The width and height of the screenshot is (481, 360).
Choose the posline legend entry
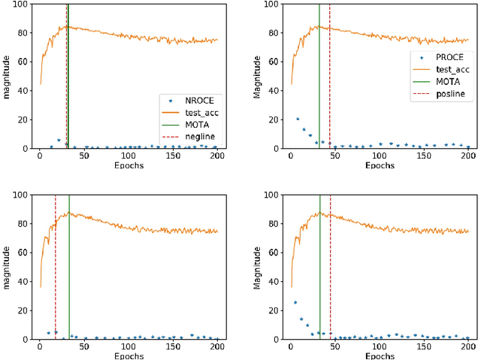click(x=444, y=94)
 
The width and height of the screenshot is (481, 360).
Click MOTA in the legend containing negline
click(x=192, y=123)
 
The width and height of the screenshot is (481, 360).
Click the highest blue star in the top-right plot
click(x=298, y=119)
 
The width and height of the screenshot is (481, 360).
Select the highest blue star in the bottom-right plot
click(x=295, y=302)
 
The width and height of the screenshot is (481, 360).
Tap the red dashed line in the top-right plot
click(x=329, y=75)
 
